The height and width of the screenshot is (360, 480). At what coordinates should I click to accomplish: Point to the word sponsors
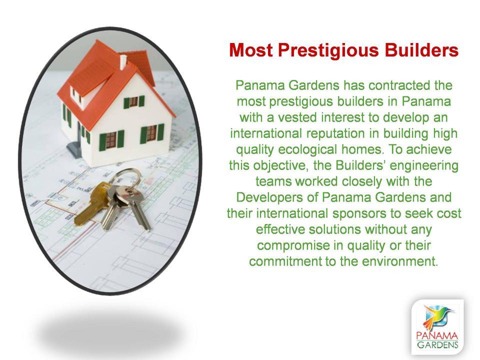tap(359, 213)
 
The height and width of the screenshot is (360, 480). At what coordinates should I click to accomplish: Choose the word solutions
tap(334, 229)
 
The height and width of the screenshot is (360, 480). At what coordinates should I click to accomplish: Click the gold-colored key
tap(91, 203)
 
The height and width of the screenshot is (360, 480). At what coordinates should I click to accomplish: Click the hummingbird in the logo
tap(435, 317)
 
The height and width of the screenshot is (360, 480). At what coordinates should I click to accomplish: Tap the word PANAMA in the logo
tap(437, 336)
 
